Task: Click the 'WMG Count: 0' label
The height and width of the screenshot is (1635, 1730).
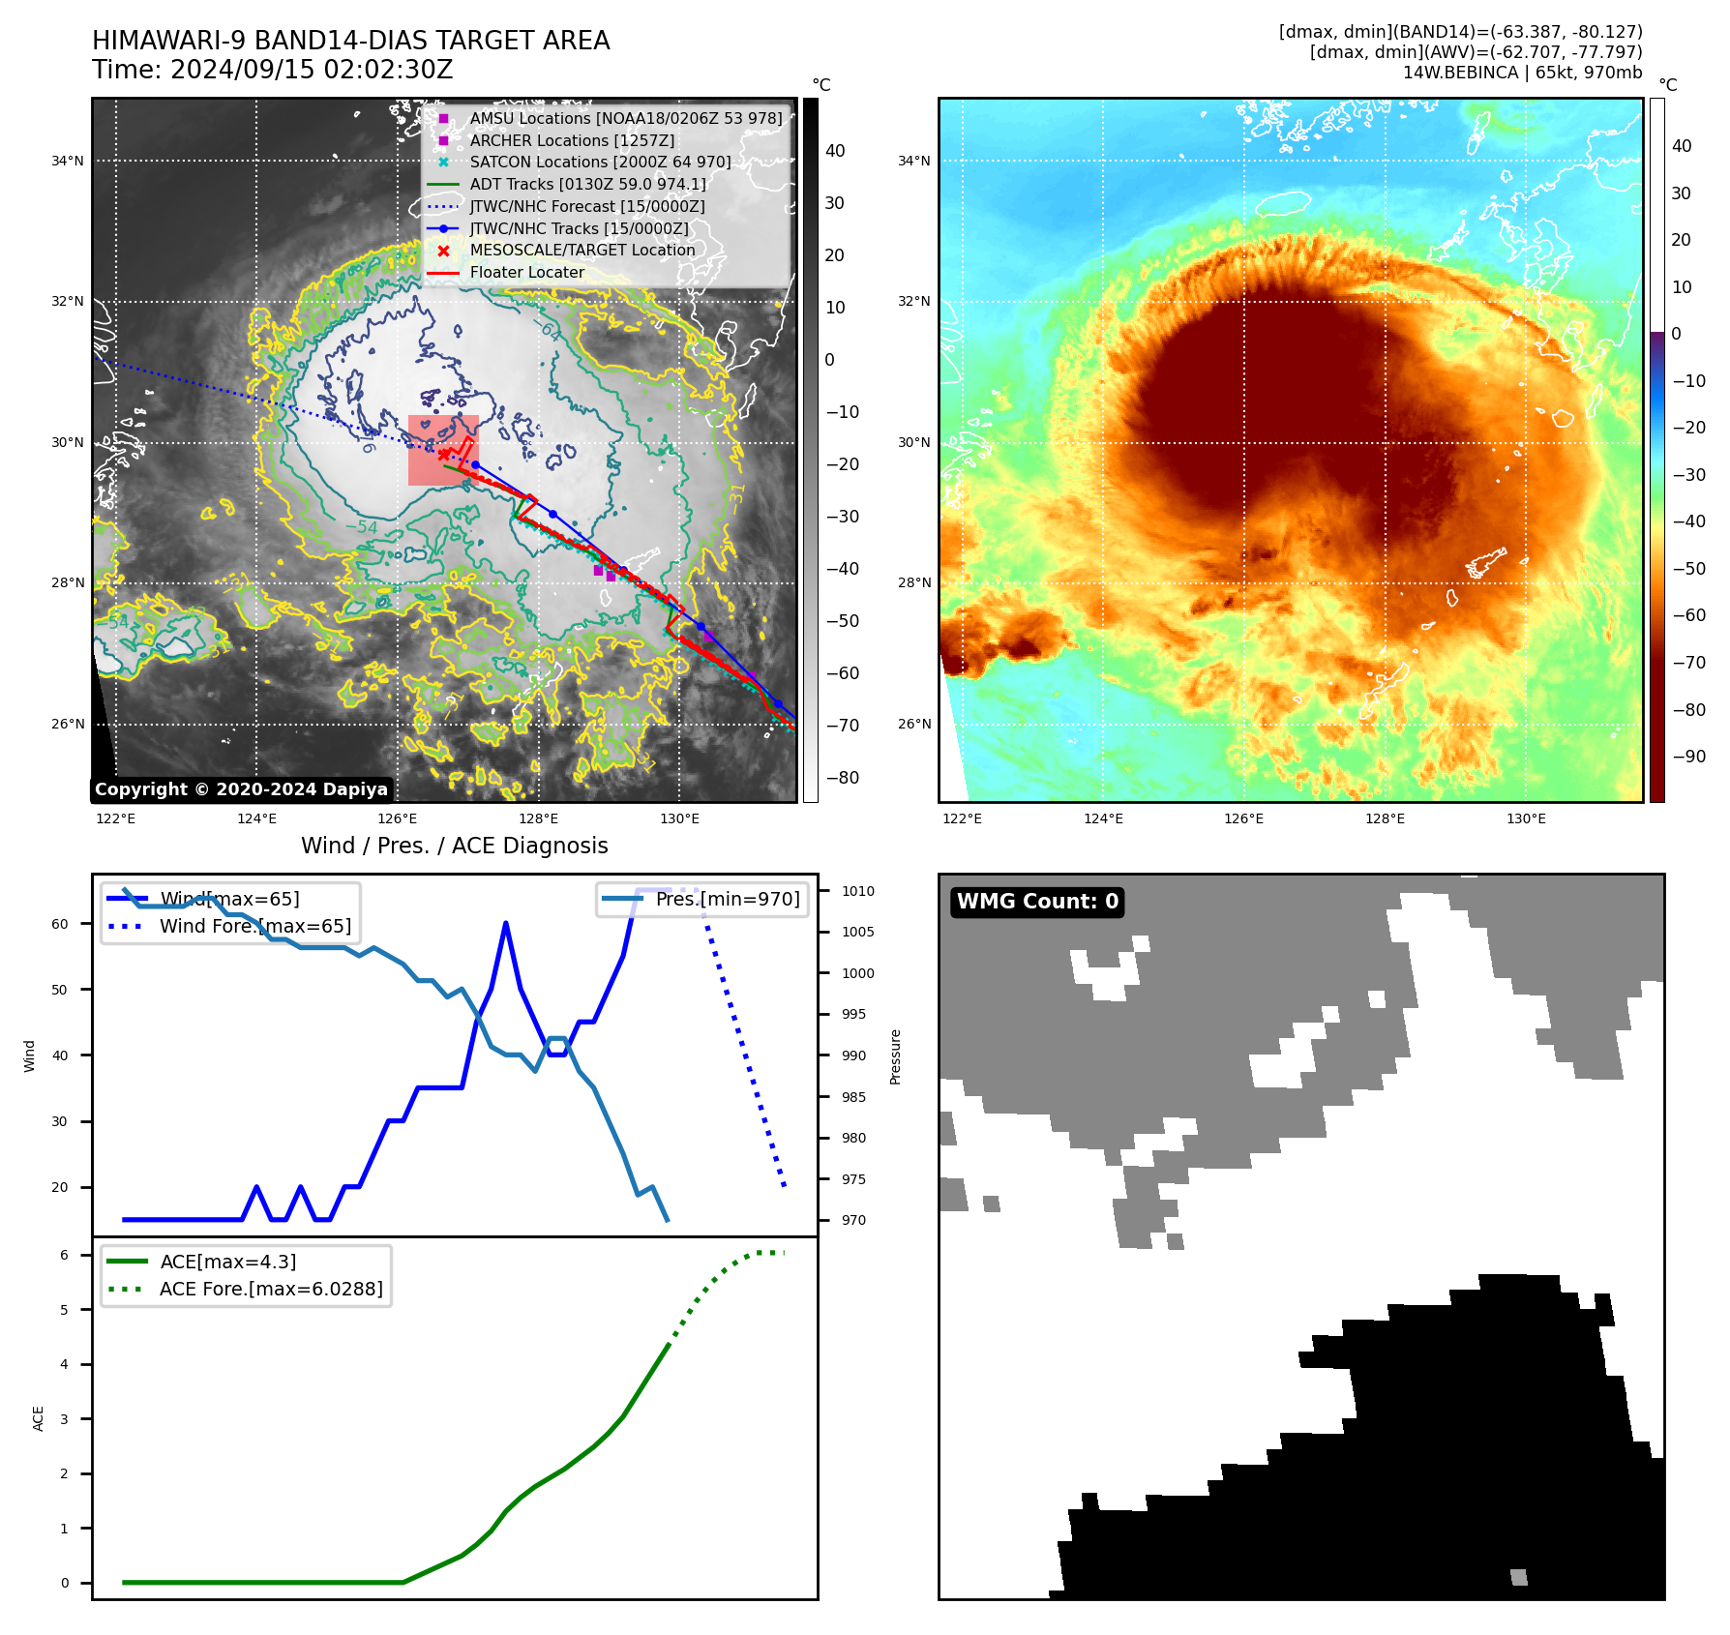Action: coord(1037,902)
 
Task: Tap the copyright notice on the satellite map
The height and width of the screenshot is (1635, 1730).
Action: coord(241,789)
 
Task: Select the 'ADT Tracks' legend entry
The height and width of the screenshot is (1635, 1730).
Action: coord(587,184)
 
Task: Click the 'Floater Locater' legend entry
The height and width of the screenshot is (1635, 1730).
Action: coord(526,273)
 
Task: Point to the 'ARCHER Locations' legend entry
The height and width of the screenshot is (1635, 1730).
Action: coord(572,140)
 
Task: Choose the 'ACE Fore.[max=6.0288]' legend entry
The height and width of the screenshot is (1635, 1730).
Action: coord(271,1289)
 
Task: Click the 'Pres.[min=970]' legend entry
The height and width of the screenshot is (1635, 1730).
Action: coord(728,899)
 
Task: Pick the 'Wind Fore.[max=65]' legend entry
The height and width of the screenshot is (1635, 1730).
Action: coord(255,926)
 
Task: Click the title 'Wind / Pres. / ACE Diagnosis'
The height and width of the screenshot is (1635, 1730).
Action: coord(455,846)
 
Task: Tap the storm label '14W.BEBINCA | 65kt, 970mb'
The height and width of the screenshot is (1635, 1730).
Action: coord(1522,73)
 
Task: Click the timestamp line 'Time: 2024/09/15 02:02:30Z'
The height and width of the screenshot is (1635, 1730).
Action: coord(273,70)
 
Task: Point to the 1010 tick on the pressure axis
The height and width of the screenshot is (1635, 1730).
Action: coord(857,891)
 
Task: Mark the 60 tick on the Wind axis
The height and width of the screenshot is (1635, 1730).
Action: coord(60,924)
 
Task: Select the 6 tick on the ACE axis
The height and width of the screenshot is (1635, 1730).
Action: coord(64,1255)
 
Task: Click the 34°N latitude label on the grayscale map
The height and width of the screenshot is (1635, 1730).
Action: coord(68,161)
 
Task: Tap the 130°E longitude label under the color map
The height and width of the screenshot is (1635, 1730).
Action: coord(1526,818)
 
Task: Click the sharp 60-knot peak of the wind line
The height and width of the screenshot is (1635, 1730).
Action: coord(506,924)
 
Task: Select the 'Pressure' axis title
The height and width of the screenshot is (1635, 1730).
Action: coord(895,1056)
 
